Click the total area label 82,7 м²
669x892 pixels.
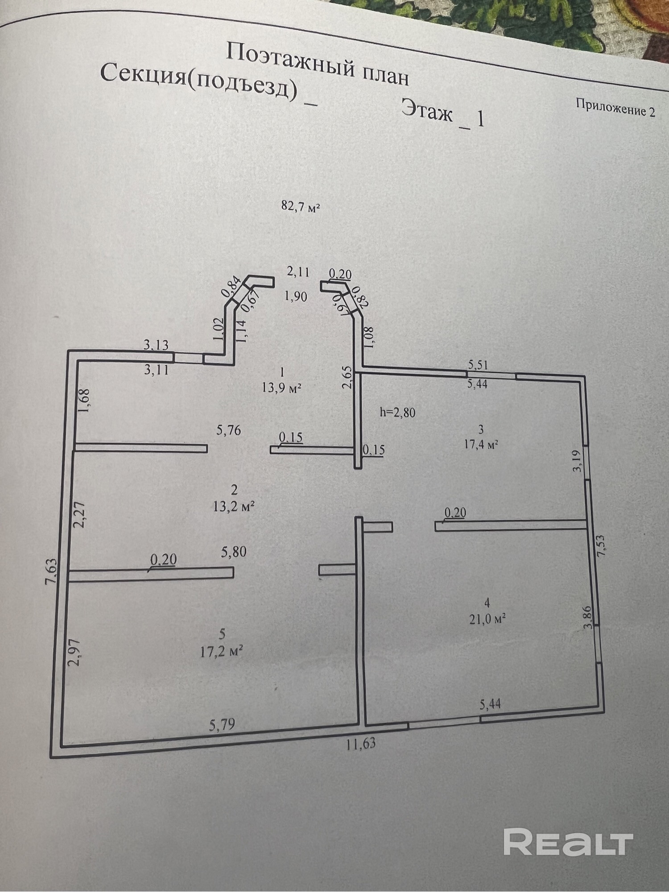pyautogui.click(x=301, y=207)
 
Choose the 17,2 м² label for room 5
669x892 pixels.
pyautogui.click(x=222, y=652)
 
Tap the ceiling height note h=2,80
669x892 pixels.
pyautogui.click(x=397, y=412)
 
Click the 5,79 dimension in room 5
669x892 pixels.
pyautogui.click(x=222, y=725)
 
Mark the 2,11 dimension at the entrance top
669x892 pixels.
pyautogui.click(x=298, y=272)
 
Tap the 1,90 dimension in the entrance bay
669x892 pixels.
pyautogui.click(x=295, y=296)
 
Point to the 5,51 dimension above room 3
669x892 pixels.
pyautogui.click(x=478, y=364)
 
